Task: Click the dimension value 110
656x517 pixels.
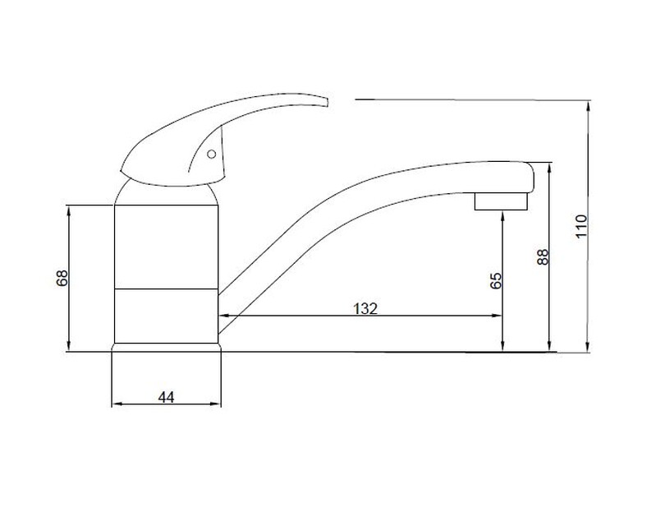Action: click(581, 226)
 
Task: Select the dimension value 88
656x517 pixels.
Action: click(542, 256)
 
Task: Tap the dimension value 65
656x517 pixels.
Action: click(495, 281)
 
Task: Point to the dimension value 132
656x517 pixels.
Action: click(365, 308)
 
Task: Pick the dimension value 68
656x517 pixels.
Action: click(62, 278)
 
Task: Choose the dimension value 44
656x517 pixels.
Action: click(166, 397)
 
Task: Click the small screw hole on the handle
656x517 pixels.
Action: click(212, 155)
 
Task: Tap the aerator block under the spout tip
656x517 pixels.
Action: click(501, 201)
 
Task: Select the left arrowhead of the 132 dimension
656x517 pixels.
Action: click(223, 316)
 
